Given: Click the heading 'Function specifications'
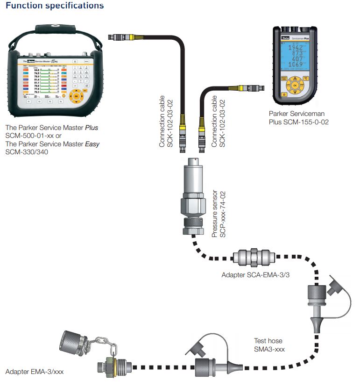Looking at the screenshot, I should pos(55,6).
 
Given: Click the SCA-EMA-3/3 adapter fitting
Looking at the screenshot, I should pos(254,256).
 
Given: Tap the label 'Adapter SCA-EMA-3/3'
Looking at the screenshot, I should pos(256,275).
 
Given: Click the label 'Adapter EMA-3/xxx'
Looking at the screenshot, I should pos(35,372).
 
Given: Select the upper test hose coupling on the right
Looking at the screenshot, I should pos(317,299).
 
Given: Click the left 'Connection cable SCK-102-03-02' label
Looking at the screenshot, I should pos(166,123).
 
